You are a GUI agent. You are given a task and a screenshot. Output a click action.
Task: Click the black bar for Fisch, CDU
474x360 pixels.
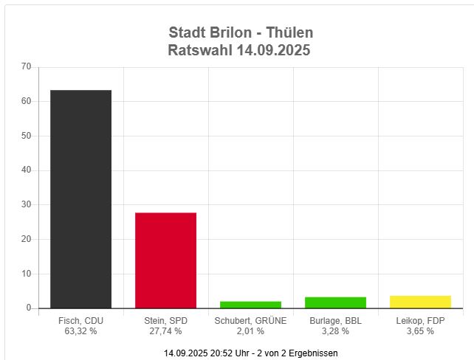point(80,199)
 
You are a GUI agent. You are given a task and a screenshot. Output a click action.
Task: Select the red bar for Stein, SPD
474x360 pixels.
point(165,260)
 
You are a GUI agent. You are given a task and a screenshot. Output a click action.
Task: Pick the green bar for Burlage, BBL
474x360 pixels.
point(335,302)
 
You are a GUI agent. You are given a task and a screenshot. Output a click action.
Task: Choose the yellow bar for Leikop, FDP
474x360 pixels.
point(420,302)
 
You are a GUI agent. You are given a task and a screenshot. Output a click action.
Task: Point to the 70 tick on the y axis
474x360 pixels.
point(27,66)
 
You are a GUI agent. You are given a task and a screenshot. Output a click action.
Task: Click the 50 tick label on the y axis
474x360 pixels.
point(27,136)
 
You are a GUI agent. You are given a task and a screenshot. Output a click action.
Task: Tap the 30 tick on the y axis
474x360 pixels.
point(27,204)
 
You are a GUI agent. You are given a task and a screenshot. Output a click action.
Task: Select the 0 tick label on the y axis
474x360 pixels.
point(29,308)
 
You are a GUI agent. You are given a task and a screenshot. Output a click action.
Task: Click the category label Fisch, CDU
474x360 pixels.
point(80,321)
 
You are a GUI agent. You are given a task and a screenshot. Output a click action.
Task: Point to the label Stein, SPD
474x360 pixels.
point(165,321)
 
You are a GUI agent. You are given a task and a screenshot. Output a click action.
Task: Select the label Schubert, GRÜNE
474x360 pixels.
point(250,321)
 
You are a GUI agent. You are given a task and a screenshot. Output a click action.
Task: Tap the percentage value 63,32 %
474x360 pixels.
point(80,331)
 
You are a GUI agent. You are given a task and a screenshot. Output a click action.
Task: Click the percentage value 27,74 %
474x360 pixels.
point(165,331)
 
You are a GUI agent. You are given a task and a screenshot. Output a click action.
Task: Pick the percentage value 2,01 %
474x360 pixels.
point(250,331)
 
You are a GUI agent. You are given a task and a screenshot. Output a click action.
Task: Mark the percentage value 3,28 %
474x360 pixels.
point(335,331)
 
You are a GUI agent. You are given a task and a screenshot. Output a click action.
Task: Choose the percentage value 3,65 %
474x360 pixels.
point(420,331)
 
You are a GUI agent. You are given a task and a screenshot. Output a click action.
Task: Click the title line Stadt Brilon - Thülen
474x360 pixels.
point(241,33)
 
